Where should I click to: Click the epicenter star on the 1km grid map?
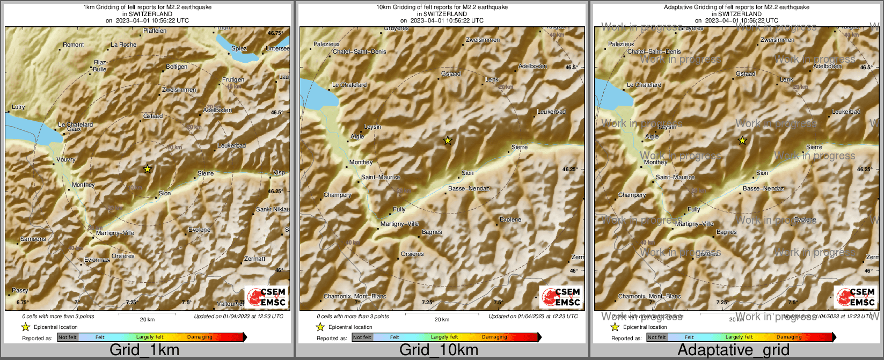click(148, 169)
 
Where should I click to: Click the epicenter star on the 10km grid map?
click(448, 141)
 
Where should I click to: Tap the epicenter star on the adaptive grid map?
click(742, 141)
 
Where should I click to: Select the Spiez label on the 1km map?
click(239, 48)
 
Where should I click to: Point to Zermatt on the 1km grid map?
click(254, 259)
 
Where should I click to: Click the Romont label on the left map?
click(74, 45)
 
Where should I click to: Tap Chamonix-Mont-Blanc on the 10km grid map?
click(355, 297)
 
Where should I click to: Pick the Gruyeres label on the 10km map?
click(396, 28)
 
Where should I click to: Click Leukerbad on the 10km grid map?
click(551, 112)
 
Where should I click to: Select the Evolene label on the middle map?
click(510, 219)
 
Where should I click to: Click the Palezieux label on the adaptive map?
click(621, 44)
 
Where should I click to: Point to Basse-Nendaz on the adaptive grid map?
click(763, 188)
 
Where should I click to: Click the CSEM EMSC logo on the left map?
click(267, 297)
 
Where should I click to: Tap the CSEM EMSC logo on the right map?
click(856, 297)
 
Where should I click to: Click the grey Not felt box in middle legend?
click(362, 337)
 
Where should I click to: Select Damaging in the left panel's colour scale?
click(200, 337)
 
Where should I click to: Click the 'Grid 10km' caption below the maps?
click(439, 350)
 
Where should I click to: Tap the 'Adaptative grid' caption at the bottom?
click(733, 350)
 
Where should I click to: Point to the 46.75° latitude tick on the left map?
click(275, 33)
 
